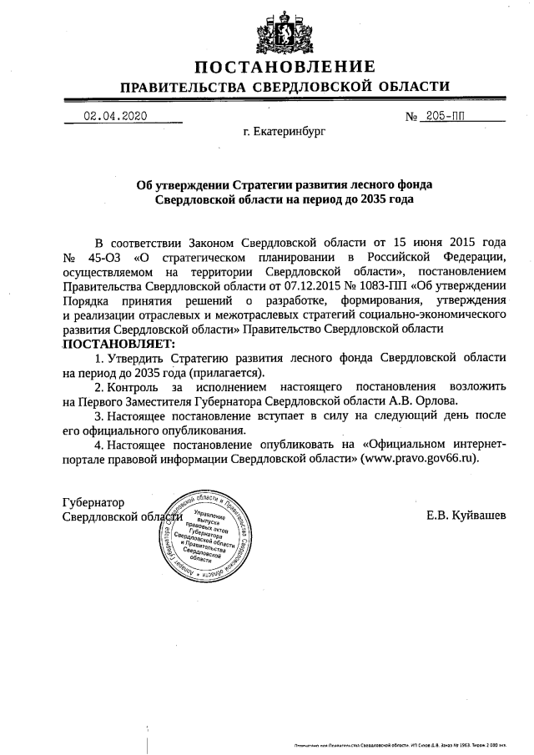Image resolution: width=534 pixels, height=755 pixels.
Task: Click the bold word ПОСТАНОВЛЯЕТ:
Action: point(116,344)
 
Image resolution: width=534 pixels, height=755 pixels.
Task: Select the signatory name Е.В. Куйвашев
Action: point(466,515)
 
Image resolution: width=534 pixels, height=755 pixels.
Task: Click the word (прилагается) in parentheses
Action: point(225,372)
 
